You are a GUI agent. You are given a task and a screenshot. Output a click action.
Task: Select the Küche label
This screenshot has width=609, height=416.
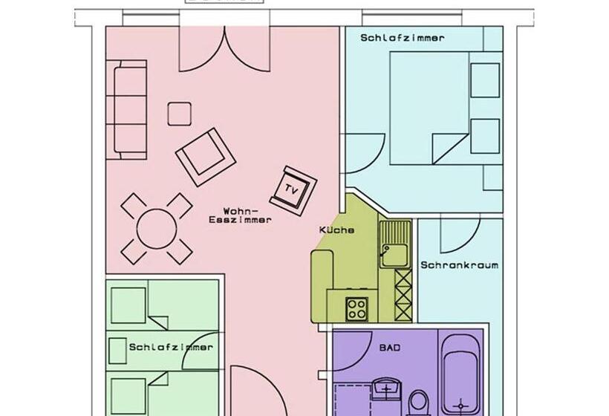[336, 230]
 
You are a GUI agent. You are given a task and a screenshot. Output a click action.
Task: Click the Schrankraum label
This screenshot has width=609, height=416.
[459, 264]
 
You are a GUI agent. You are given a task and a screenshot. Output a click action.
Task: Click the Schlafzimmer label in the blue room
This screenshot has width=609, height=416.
[403, 37]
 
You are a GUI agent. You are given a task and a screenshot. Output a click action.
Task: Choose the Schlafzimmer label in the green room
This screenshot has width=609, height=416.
[170, 347]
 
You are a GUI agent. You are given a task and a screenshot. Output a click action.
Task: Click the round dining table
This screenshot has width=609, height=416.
[157, 228]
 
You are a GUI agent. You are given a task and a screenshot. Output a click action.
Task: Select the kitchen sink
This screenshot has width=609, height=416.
[394, 244]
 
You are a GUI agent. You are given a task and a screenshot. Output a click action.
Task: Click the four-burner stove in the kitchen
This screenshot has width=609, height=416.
[356, 308]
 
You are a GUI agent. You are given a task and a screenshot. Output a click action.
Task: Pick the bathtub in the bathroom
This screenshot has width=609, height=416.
[461, 375]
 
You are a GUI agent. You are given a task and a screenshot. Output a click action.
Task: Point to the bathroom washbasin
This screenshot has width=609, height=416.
[385, 390]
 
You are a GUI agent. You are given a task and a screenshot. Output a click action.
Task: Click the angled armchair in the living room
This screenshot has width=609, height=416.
[206, 156]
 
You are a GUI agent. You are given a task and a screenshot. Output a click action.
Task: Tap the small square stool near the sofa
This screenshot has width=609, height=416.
[179, 114]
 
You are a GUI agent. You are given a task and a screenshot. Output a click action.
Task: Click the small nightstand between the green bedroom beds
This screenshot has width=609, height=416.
[115, 350]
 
